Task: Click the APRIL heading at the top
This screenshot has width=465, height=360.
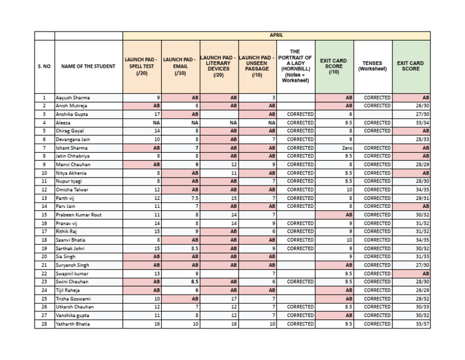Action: click(276, 36)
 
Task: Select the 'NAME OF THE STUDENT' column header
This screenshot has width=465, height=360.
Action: click(88, 67)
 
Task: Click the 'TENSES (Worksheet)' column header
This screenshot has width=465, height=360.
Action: click(372, 66)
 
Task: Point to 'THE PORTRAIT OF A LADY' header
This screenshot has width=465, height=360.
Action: click(295, 66)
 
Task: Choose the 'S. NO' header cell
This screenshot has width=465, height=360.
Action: click(44, 67)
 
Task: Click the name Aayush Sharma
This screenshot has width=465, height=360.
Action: click(73, 98)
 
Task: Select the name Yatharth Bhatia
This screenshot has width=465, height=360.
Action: click(74, 324)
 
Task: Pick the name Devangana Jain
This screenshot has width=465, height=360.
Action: click(74, 139)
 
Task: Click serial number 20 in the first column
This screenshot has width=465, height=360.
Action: click(44, 256)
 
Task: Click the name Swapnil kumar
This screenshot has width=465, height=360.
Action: click(73, 273)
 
